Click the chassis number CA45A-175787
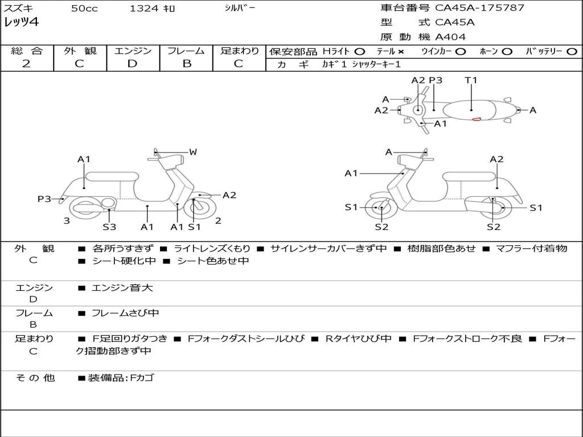point(479,8)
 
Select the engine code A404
point(450,37)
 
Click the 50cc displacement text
point(84,9)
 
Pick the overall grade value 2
point(26,64)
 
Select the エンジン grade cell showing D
point(132,64)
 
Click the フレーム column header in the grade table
point(186,51)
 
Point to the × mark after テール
point(401,52)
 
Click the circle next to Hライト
point(360,52)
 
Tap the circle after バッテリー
point(573,52)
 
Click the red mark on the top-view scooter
point(476,119)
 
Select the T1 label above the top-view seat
point(471,80)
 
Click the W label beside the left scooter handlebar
point(193,152)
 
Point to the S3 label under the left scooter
point(109,227)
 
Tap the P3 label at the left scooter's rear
point(44,199)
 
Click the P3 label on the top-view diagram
point(436,80)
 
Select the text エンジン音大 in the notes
point(122,288)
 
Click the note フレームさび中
point(125,313)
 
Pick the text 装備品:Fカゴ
point(120,378)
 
